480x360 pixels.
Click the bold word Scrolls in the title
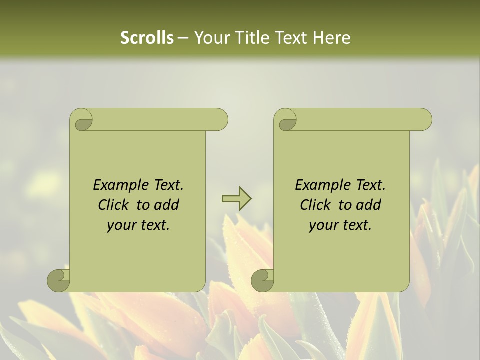point(147,38)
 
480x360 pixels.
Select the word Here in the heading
point(331,38)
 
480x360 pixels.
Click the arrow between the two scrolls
point(236,198)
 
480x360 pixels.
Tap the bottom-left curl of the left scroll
point(59,280)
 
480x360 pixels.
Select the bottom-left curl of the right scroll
point(263,280)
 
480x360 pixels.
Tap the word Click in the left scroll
point(114,205)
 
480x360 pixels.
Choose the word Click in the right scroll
point(316,205)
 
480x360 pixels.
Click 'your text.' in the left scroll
point(138,225)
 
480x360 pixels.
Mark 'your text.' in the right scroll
point(340,225)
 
